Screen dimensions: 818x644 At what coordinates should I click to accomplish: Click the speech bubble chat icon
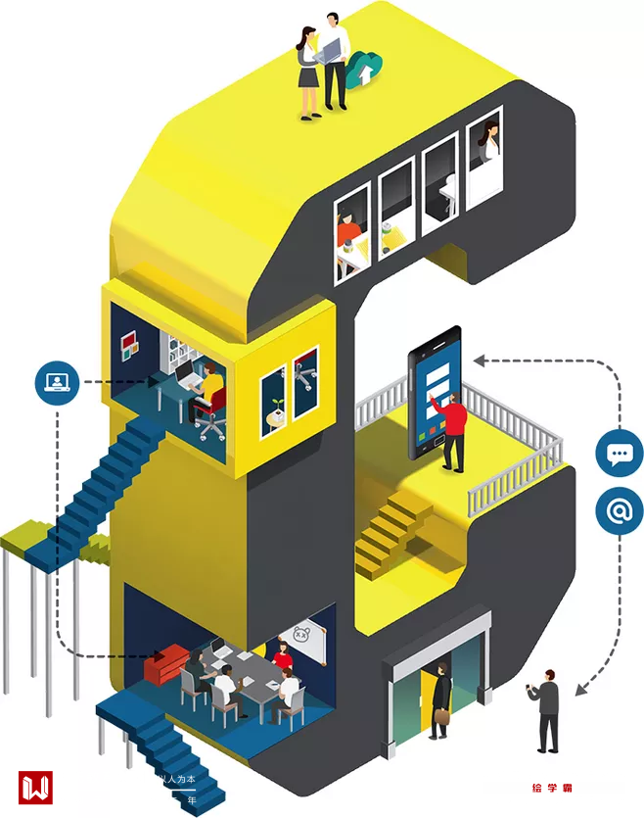click(x=619, y=455)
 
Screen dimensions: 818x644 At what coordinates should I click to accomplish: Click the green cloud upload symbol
click(x=364, y=67)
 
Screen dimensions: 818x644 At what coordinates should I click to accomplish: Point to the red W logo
click(x=35, y=788)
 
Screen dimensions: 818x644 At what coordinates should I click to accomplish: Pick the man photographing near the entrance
click(x=547, y=708)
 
